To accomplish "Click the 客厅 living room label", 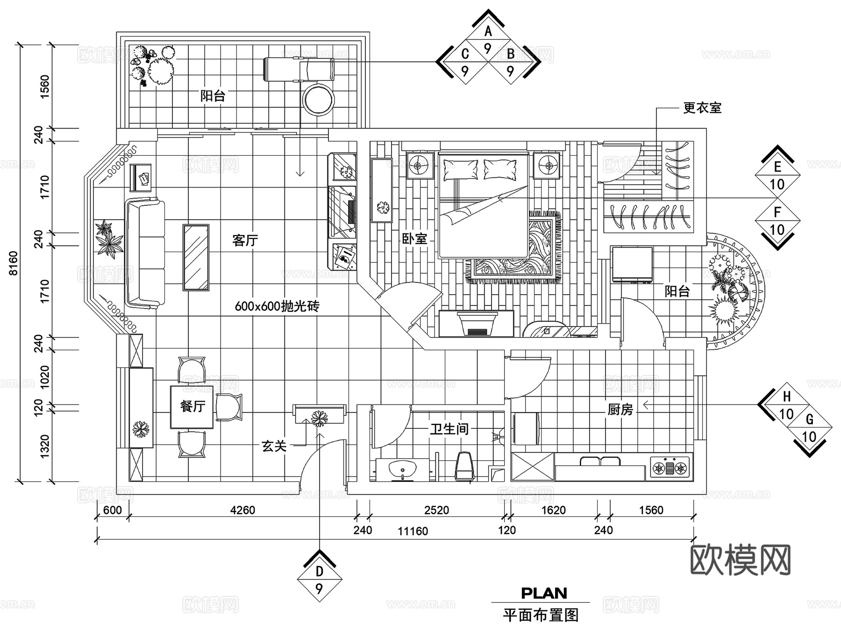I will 245,240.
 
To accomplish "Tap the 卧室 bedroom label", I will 414,239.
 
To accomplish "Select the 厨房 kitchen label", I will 620,410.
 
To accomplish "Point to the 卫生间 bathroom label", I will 449,429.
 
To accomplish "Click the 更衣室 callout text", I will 702,108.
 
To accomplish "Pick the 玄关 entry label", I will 274,446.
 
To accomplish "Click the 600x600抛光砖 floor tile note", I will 277,306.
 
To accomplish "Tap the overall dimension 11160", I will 413,531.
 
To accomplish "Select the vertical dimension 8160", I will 13,263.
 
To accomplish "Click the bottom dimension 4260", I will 242,510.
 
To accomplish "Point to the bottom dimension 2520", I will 436,510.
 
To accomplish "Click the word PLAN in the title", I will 544,593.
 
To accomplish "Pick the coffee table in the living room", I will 196,258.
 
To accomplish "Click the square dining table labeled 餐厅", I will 192,406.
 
